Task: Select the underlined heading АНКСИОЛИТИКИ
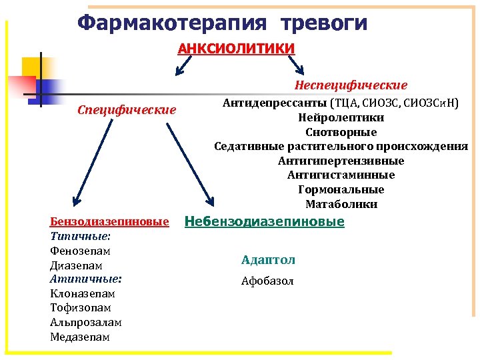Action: [x=236, y=49]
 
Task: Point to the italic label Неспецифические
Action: [x=351, y=85]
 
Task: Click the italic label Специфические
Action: [x=127, y=109]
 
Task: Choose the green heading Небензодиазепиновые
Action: [x=264, y=221]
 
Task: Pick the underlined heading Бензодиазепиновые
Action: [x=109, y=222]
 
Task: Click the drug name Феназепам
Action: [x=80, y=251]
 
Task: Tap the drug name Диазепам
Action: [x=76, y=265]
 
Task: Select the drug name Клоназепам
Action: [x=82, y=293]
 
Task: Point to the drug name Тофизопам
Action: [x=80, y=308]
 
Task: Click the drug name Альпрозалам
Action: [x=85, y=322]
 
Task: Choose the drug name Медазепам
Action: [x=80, y=337]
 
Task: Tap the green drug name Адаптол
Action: [x=268, y=260]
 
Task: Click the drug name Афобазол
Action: [x=267, y=281]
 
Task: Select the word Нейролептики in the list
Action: [x=341, y=117]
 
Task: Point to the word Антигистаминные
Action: [x=341, y=175]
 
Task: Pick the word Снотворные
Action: [x=341, y=132]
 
